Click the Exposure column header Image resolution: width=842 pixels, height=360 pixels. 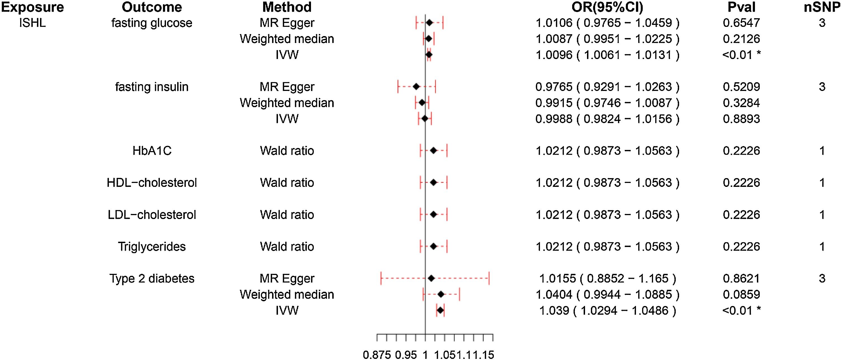[x=32, y=7]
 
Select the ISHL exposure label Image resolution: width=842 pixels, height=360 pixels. [x=32, y=23]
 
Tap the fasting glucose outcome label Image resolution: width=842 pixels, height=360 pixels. [x=152, y=23]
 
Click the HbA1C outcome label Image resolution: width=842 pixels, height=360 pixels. [x=152, y=150]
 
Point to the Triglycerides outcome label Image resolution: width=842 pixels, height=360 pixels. [x=152, y=246]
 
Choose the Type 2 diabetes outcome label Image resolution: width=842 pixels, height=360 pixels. [x=152, y=278]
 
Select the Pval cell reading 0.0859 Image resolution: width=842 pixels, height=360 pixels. [x=741, y=294]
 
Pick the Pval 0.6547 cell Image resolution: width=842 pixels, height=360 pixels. [x=741, y=23]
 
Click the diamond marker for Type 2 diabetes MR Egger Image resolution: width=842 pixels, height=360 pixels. [x=431, y=278]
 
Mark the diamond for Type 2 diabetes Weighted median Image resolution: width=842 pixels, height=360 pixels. [x=441, y=294]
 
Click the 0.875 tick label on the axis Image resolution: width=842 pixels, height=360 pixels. [x=377, y=355]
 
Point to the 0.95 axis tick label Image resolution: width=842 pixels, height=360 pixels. [x=406, y=355]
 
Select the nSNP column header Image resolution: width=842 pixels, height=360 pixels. [x=822, y=7]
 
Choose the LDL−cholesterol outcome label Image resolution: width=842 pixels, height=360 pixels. [x=152, y=215]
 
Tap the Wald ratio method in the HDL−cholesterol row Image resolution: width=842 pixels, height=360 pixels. [x=287, y=183]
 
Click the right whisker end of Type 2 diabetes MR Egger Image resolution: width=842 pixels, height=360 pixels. [x=489, y=278]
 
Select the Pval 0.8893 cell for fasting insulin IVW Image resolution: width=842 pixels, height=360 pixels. [x=741, y=119]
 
